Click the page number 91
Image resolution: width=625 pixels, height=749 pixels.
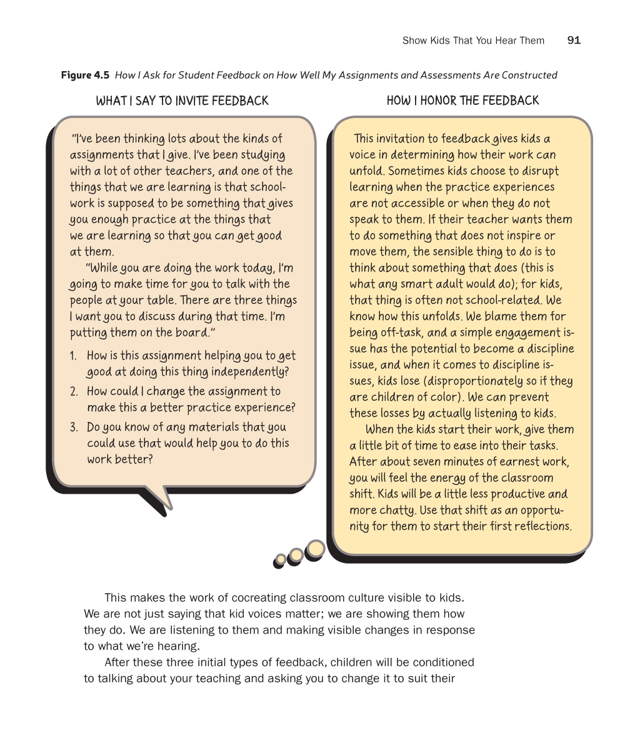574,41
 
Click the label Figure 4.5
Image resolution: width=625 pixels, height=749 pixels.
85,76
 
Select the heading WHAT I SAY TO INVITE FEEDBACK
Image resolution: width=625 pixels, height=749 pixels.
182,101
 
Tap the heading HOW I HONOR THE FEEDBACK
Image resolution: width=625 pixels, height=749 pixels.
462,101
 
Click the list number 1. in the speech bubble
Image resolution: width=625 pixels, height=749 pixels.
73,356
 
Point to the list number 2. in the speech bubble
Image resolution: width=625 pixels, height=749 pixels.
73,392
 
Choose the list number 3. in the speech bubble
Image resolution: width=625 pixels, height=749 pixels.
73,428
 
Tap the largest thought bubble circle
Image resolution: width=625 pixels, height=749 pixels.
316,549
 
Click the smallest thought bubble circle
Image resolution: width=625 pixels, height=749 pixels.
281,559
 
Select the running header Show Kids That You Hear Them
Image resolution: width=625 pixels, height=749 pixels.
473,41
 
